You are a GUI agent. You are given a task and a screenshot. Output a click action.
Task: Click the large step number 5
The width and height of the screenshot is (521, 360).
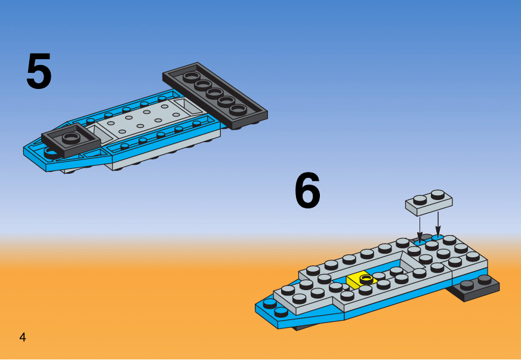(39, 71)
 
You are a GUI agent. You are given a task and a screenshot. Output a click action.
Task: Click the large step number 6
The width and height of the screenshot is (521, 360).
(308, 190)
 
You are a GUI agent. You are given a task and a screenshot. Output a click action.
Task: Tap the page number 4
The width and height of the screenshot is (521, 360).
(23, 337)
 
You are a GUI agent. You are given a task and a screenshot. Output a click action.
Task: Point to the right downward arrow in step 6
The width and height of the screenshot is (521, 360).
(438, 224)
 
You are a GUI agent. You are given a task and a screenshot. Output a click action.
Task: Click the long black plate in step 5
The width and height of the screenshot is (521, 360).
(215, 96)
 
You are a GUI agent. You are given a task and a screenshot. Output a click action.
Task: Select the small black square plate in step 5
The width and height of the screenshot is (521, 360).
(71, 140)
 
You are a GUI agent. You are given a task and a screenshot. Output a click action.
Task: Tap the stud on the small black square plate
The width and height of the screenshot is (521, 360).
(71, 137)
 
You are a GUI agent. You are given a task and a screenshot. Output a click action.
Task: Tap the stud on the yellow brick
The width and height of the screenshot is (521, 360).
(366, 278)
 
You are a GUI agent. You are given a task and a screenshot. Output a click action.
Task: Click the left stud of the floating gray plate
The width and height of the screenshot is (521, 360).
(420, 200)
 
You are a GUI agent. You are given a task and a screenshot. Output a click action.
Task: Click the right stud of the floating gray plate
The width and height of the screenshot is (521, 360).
(438, 194)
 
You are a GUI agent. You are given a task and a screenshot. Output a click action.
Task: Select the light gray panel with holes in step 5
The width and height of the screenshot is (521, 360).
(143, 119)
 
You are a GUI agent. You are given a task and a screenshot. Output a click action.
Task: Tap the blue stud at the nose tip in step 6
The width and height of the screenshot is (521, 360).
(270, 303)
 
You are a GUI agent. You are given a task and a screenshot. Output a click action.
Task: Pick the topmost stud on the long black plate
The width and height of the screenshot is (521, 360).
(189, 77)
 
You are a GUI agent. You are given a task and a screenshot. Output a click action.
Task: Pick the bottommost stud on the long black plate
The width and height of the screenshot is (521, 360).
(238, 109)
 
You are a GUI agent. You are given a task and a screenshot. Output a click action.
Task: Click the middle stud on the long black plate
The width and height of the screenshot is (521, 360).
(214, 93)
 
